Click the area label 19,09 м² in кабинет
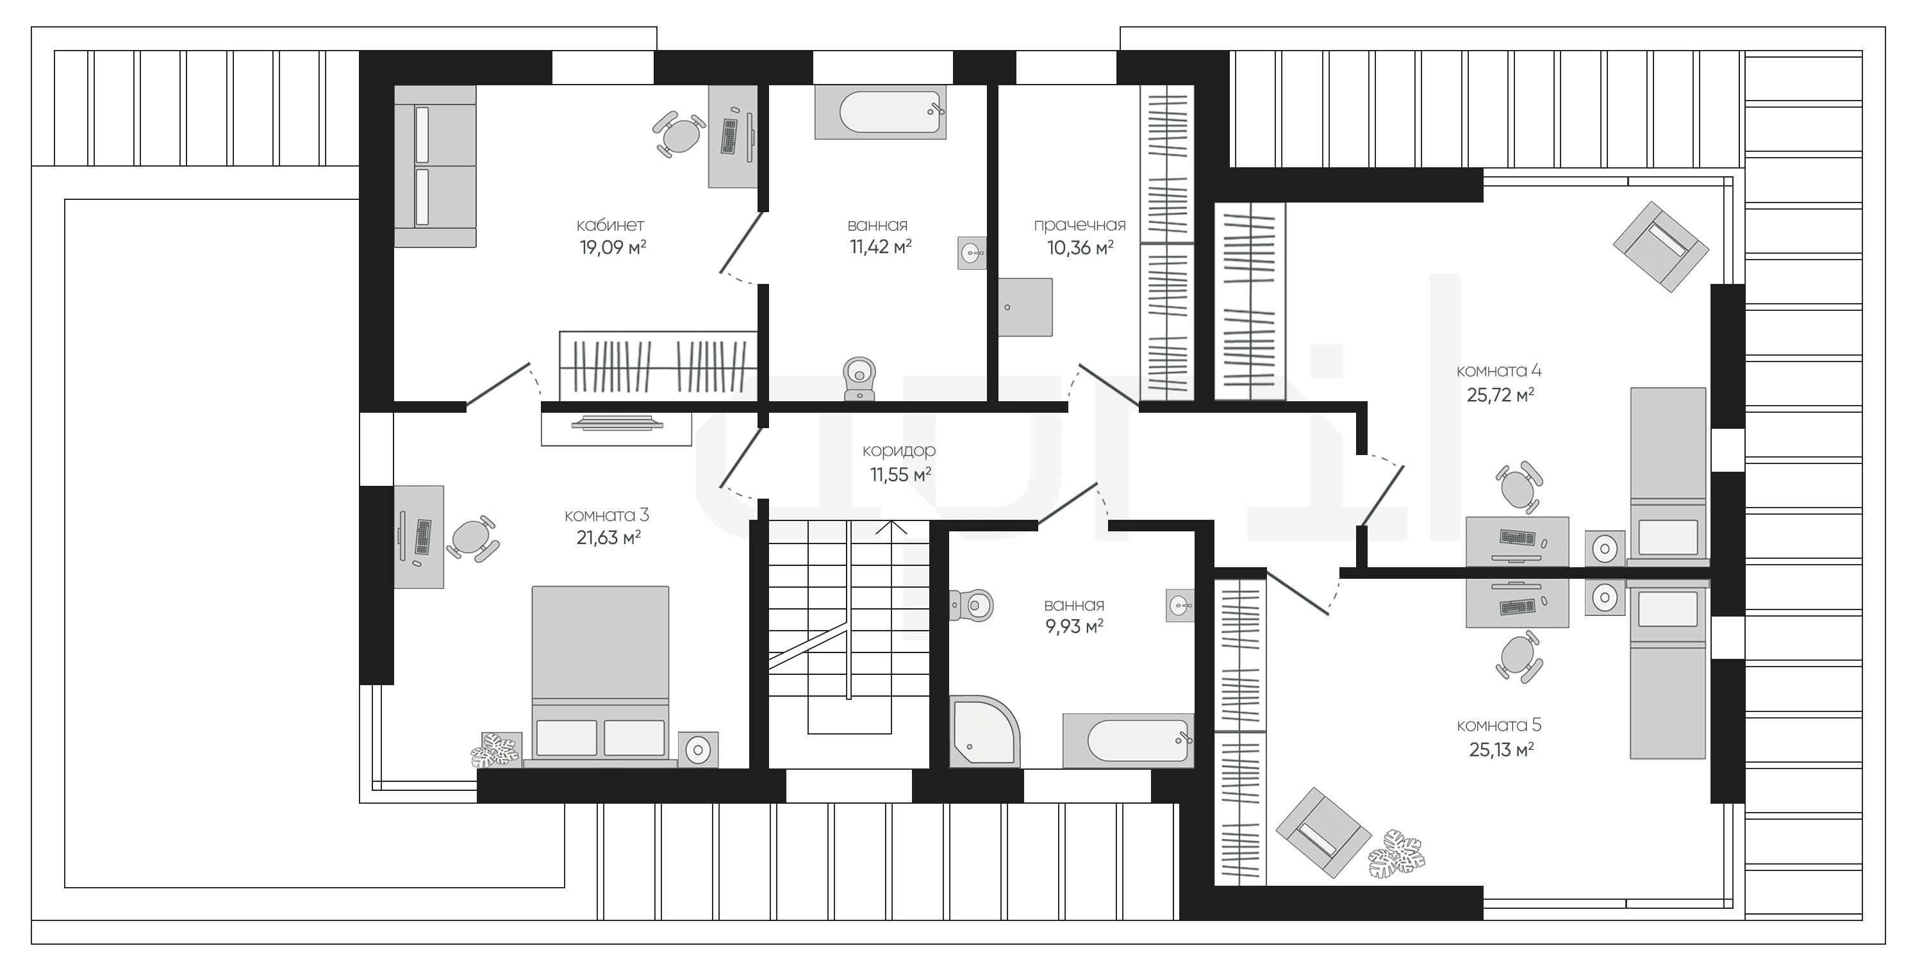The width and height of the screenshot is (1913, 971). click(613, 247)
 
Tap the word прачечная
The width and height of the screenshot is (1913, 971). click(1080, 225)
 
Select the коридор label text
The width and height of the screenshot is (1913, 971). click(899, 450)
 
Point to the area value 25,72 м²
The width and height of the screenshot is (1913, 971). click(1500, 395)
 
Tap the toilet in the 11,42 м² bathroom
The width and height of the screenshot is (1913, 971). click(860, 379)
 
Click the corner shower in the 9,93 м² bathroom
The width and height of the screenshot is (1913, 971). click(985, 731)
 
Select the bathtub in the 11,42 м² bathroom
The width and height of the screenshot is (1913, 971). click(881, 112)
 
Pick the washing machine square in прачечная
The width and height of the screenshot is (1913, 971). click(1025, 307)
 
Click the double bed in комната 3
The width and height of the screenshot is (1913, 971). click(600, 676)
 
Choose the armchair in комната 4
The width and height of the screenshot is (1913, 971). click(1661, 246)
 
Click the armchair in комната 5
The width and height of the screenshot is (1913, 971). click(1323, 833)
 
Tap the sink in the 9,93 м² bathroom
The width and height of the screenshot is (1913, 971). click(1180, 606)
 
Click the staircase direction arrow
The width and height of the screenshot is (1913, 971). click(892, 527)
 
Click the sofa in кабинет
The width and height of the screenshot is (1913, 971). click(435, 165)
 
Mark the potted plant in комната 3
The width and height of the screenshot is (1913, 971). click(496, 750)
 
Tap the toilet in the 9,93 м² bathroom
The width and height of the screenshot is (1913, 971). click(972, 606)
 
